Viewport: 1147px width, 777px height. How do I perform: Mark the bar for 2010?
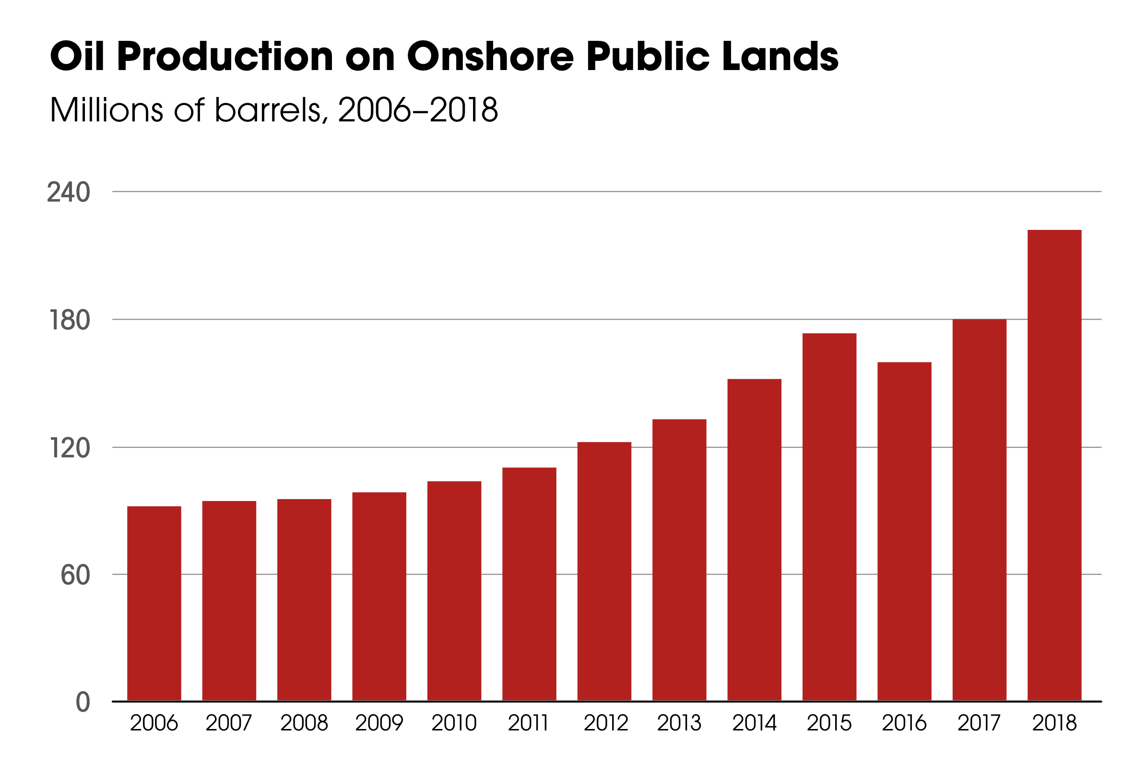coord(454,591)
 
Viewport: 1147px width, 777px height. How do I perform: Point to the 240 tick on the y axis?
coord(69,192)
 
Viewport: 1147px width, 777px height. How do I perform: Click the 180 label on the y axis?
coord(70,320)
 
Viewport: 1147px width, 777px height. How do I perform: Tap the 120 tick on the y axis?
coord(70,448)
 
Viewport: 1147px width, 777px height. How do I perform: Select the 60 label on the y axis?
coord(75,575)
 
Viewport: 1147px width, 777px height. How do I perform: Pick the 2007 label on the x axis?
coord(228,723)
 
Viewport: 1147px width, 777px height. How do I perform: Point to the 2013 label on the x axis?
coord(679,723)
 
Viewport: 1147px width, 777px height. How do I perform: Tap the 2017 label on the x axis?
coord(979,723)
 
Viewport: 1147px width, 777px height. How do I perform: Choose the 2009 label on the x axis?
coord(379,723)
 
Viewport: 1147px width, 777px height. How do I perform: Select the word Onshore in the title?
coord(490,56)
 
